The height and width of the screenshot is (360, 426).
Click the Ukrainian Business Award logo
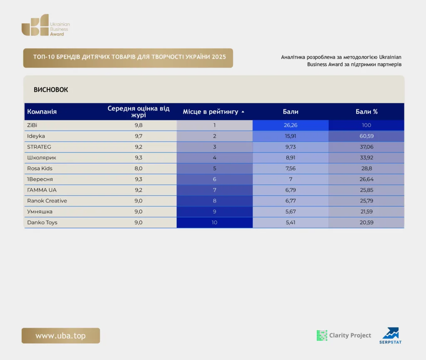click(46, 25)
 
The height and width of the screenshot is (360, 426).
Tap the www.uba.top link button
click(61, 335)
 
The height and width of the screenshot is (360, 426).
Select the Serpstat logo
click(390, 335)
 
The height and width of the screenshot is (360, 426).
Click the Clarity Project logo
click(344, 335)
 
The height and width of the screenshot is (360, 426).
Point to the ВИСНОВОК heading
click(51, 90)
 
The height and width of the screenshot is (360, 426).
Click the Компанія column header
click(42, 111)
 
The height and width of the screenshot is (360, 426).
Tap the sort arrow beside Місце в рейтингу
click(243, 111)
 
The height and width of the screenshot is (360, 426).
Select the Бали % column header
click(367, 111)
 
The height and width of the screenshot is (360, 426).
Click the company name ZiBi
click(32, 125)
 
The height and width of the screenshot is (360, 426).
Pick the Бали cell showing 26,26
click(290, 125)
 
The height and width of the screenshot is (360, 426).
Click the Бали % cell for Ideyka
click(367, 136)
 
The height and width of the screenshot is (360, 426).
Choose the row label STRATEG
click(39, 147)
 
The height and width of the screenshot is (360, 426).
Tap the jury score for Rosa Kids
click(139, 168)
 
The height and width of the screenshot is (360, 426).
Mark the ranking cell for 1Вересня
click(215, 179)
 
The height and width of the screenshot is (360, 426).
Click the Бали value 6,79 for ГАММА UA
click(290, 190)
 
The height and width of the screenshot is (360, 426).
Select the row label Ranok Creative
click(47, 201)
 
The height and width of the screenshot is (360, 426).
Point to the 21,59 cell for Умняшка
click(367, 212)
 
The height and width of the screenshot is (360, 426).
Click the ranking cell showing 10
click(215, 222)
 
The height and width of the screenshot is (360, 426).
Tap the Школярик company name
click(42, 158)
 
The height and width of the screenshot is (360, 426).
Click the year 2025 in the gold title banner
click(219, 57)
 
